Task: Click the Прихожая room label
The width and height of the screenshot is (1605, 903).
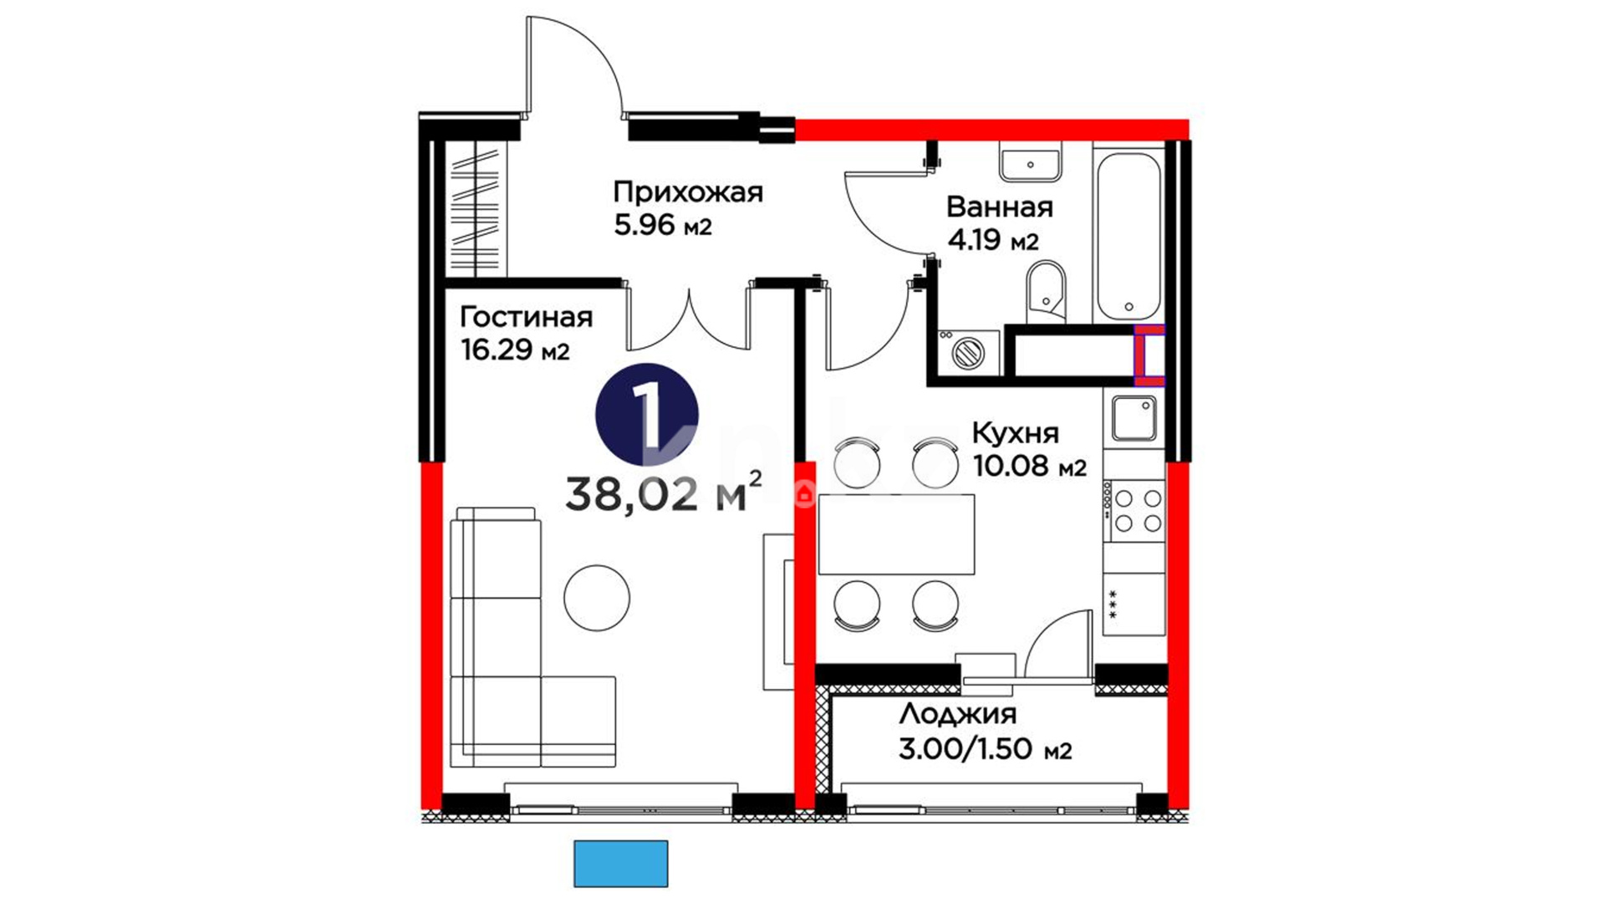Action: click(x=688, y=192)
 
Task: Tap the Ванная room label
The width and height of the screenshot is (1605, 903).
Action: click(x=999, y=207)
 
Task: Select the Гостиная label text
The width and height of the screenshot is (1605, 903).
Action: click(x=526, y=318)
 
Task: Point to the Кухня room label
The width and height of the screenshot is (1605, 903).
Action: click(x=1015, y=433)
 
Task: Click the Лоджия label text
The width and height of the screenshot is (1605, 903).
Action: click(x=957, y=715)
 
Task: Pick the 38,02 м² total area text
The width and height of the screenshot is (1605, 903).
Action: click(x=664, y=493)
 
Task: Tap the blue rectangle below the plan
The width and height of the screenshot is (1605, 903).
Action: click(x=620, y=864)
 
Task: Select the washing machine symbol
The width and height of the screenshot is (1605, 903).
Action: click(x=969, y=352)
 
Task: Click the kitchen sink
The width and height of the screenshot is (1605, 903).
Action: click(x=1134, y=419)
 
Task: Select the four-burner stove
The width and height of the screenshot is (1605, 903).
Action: click(x=1134, y=511)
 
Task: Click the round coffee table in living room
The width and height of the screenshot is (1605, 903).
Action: click(x=597, y=599)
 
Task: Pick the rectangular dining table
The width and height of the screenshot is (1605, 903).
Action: click(x=897, y=534)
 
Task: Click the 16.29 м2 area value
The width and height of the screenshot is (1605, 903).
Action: click(x=515, y=350)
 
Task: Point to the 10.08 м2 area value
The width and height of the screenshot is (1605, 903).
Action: click(x=1030, y=466)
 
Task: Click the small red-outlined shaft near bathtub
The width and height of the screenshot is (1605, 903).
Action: click(x=1149, y=355)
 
